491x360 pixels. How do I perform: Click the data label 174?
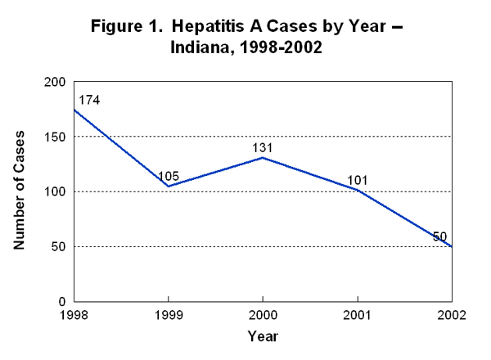click(88, 101)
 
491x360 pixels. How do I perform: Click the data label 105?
click(169, 176)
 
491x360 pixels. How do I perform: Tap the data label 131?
click(262, 147)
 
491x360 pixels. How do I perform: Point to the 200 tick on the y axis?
click(55, 82)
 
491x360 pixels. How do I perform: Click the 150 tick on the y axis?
click(55, 137)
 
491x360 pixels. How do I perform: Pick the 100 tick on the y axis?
click(55, 191)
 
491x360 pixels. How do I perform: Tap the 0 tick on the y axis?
click(62, 301)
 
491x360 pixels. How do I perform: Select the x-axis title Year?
click(262, 335)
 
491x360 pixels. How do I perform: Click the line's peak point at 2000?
click(263, 157)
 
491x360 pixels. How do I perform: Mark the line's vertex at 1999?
click(168, 187)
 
